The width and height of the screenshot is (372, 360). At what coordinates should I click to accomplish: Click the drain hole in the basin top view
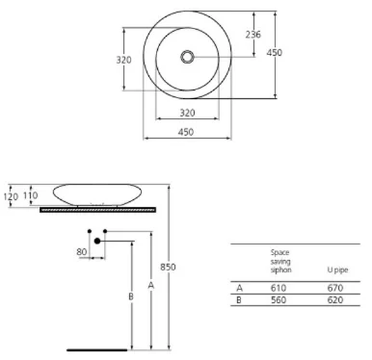(x=187, y=57)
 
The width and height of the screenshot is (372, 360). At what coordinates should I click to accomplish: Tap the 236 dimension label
(x=252, y=35)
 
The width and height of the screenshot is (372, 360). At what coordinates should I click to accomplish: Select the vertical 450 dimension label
(x=274, y=52)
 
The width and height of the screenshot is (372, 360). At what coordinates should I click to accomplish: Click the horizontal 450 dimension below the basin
(x=186, y=132)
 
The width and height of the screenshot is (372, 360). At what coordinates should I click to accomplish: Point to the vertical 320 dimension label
(x=123, y=60)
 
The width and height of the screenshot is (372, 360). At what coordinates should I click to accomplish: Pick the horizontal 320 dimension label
(x=187, y=113)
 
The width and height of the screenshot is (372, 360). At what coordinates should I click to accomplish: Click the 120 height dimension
(x=11, y=196)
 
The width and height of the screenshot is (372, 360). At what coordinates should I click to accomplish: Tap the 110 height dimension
(x=30, y=195)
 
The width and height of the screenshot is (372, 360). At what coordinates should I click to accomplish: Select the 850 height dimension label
(x=168, y=267)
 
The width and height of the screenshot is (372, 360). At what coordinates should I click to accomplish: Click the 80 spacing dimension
(x=82, y=252)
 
